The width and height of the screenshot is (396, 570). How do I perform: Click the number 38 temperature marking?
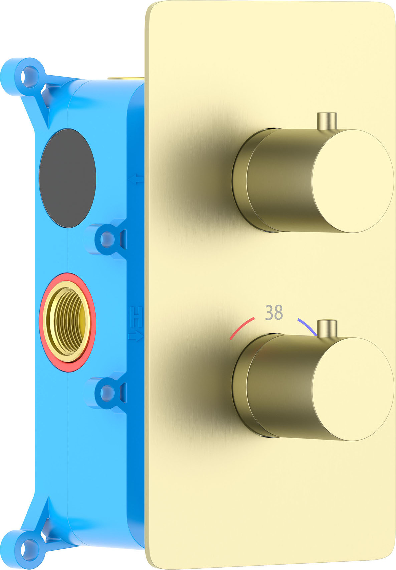click(273, 312)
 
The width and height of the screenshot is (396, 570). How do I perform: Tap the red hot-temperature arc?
click(241, 327)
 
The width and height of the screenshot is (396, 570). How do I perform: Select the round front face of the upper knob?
click(353, 181)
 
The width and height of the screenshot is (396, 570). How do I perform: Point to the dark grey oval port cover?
click(67, 178)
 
